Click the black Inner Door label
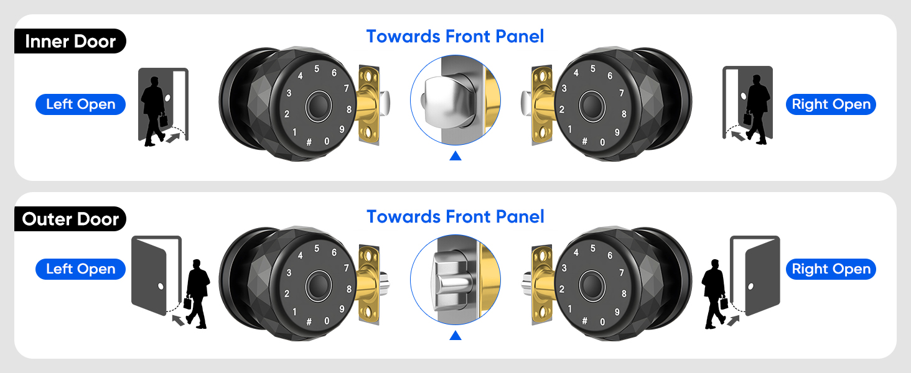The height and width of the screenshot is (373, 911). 70,42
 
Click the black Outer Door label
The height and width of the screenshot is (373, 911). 70,219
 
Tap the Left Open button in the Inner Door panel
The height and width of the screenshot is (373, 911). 81,104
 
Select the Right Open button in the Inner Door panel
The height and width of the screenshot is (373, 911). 831,104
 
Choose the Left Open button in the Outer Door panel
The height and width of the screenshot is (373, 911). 81,269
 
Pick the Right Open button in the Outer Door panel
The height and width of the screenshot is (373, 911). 831,269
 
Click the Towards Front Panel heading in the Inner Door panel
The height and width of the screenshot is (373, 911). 455,37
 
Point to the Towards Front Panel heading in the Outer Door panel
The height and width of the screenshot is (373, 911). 455,217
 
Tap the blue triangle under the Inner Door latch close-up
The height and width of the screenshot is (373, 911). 455,155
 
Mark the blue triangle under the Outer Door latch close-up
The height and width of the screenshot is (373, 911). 455,336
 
